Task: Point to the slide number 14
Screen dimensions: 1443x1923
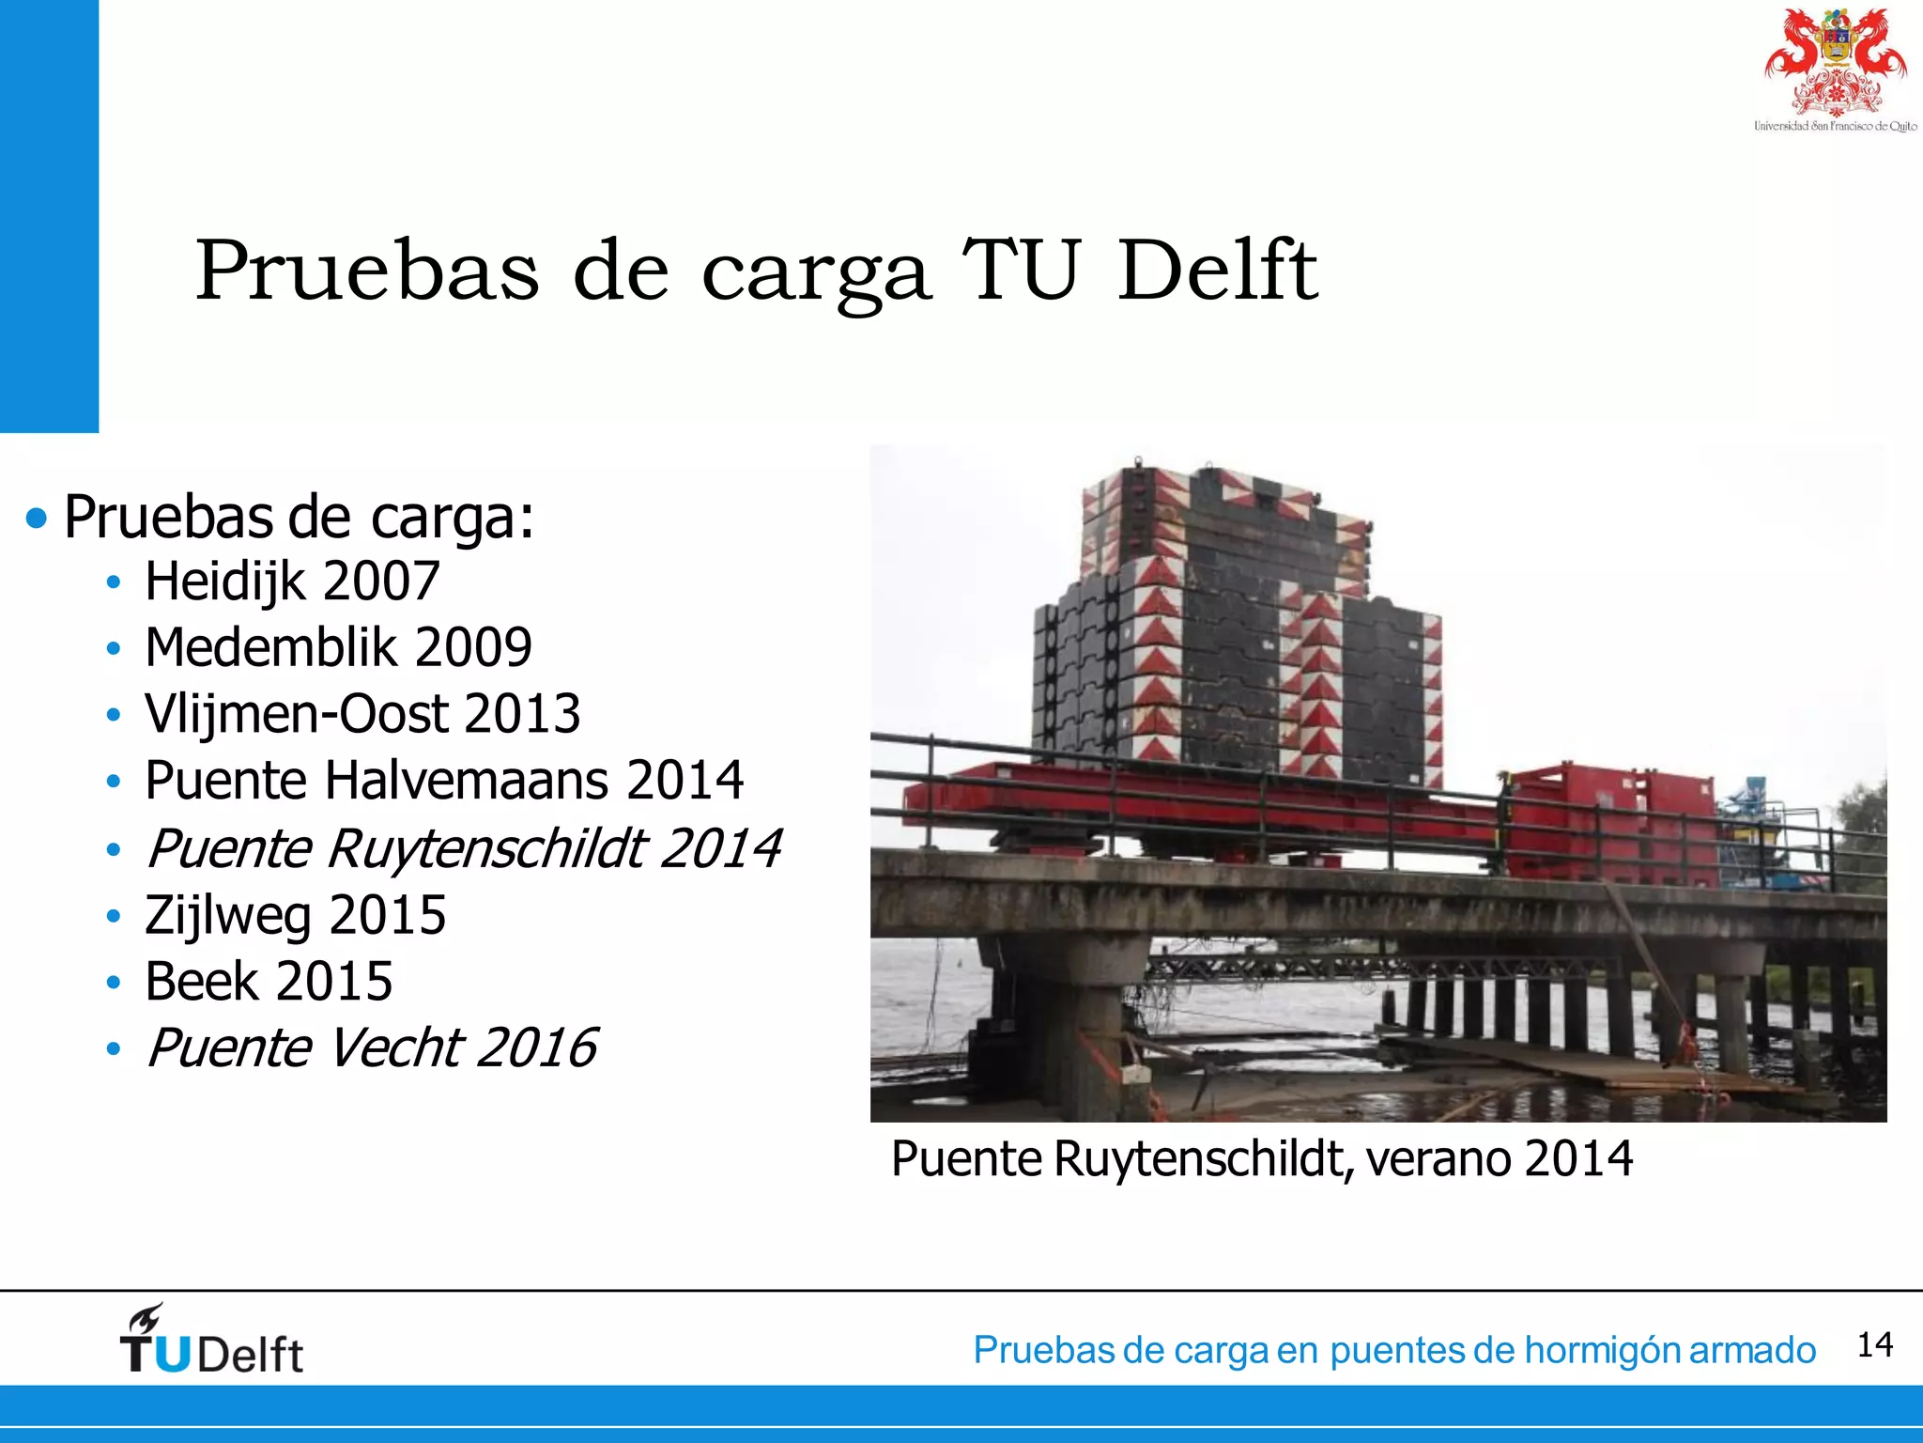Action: click(1874, 1345)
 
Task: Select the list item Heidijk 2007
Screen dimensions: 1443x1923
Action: click(292, 582)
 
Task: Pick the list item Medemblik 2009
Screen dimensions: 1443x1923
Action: click(338, 647)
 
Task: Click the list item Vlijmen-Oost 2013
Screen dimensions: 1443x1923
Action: click(362, 714)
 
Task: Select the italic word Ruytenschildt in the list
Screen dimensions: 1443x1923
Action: click(487, 849)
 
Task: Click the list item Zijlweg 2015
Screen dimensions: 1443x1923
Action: click(295, 916)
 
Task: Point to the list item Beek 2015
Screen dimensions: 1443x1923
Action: click(269, 982)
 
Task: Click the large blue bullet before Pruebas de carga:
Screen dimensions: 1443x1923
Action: click(37, 518)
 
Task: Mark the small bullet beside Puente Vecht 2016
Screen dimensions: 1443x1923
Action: click(114, 1048)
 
